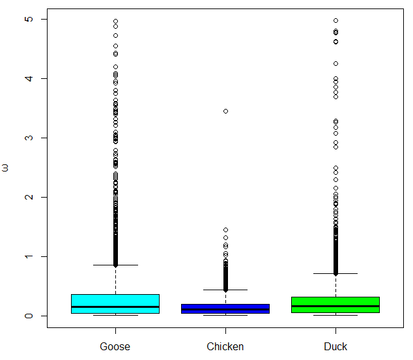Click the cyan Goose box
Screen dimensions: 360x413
[x=115, y=304]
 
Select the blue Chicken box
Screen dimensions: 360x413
[x=225, y=308]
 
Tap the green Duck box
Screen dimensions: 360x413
[x=335, y=305]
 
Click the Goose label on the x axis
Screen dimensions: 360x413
[x=115, y=346]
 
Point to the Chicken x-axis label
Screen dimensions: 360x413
[x=225, y=346]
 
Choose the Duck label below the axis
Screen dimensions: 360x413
[x=335, y=346]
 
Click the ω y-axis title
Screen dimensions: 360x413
[x=6, y=168]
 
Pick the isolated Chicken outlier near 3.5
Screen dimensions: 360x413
[x=225, y=111]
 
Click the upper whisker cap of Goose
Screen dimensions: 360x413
[x=115, y=265]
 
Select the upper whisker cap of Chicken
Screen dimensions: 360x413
[x=225, y=290]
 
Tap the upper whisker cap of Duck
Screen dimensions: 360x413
[x=335, y=274]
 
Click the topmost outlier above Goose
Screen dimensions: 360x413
[x=115, y=22]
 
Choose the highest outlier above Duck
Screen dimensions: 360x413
[x=335, y=21]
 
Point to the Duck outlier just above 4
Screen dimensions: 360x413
[x=335, y=63]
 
